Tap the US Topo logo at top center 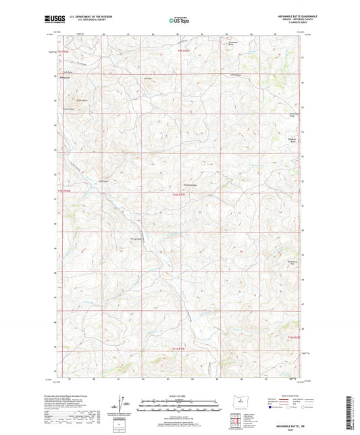coord(179,21)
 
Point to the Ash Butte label coord(67,71)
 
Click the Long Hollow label coord(236,75)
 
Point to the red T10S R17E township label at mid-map coord(178,196)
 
